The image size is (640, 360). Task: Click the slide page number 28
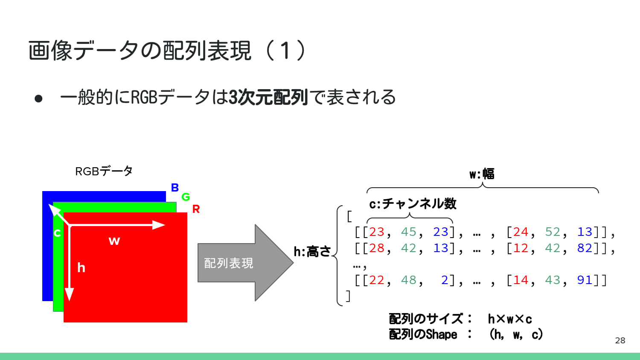[x=620, y=340]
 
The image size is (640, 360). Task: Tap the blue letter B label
[x=175, y=188]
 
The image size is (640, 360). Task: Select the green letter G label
[x=186, y=197]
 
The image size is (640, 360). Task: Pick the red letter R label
[x=196, y=209]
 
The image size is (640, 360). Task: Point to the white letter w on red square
[x=114, y=241]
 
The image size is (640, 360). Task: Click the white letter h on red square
[x=81, y=268]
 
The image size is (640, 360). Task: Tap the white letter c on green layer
[x=57, y=233]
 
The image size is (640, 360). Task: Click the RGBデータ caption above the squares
[x=104, y=171]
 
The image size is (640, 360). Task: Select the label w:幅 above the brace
[x=482, y=174]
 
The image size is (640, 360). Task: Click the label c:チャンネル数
[x=413, y=204]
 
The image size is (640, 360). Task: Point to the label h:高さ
[x=312, y=252]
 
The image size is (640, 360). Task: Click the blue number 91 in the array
[x=585, y=280]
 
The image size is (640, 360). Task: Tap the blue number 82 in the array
[x=585, y=248]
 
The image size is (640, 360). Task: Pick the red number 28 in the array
[x=376, y=248]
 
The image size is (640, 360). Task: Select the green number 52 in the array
[x=553, y=232]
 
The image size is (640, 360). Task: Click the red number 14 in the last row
[x=521, y=280]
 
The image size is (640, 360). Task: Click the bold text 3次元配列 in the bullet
[x=268, y=97]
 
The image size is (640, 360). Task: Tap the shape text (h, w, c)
[x=516, y=334]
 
